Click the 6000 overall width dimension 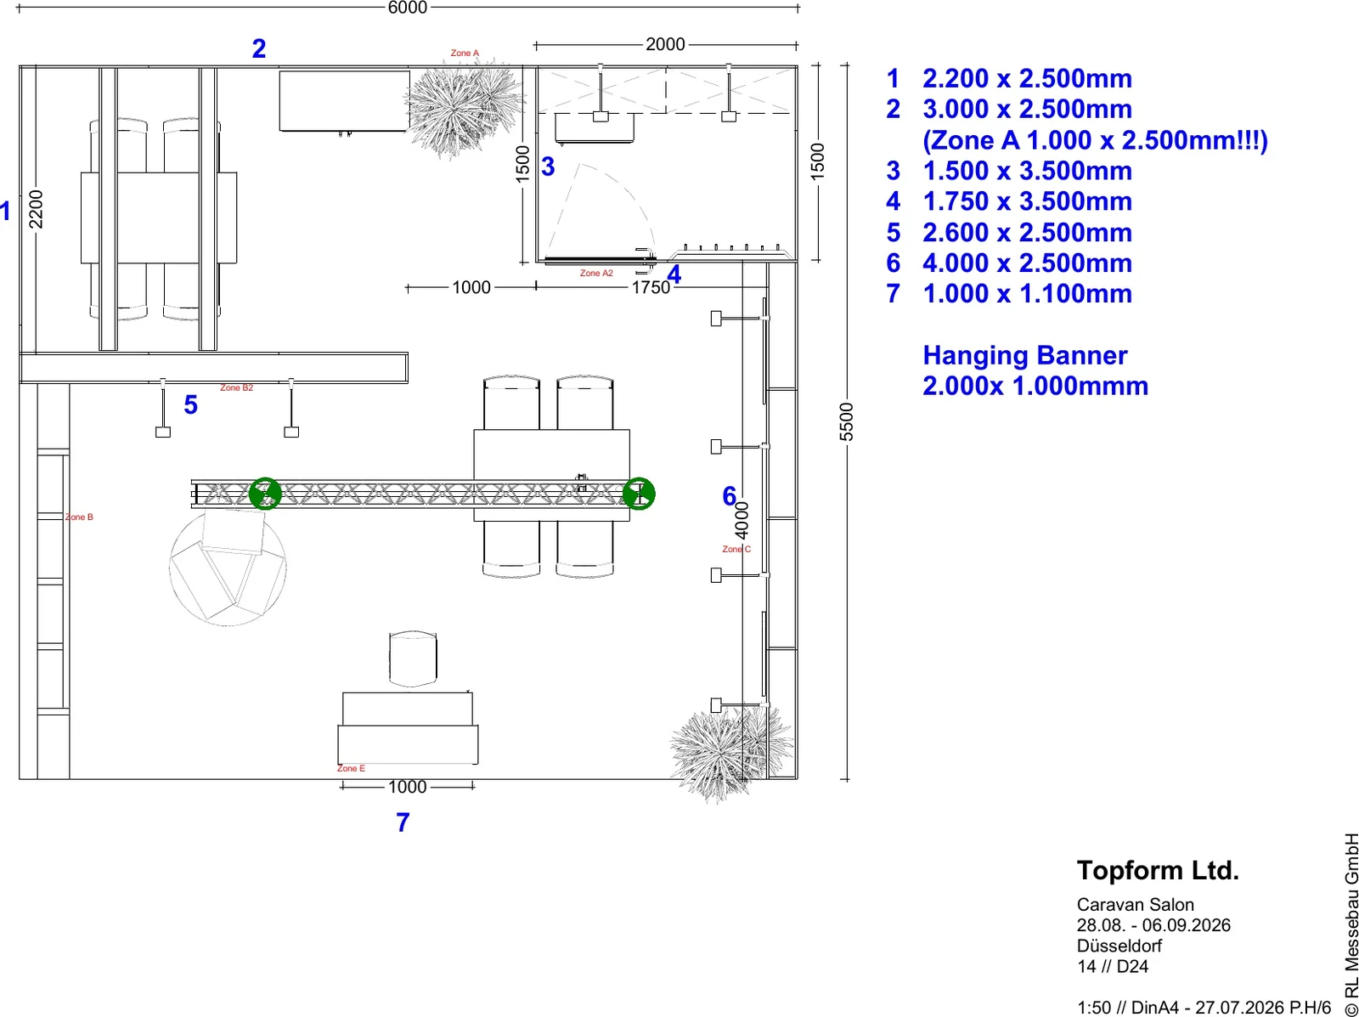[408, 8]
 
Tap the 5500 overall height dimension [846, 421]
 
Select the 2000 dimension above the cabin [665, 44]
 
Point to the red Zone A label [465, 54]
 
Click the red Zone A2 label [596, 273]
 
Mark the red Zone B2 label [236, 387]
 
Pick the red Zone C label [736, 550]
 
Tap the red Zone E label [351, 768]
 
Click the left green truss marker [265, 494]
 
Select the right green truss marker [639, 494]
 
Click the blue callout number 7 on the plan [403, 822]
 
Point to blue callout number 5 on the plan [191, 405]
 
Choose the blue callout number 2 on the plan [259, 49]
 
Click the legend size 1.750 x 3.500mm [1027, 201]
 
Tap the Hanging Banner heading [1024, 355]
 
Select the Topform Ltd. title [1158, 870]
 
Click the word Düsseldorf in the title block [1119, 946]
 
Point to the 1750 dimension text [651, 287]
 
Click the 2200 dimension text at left [36, 209]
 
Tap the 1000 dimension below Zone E [408, 787]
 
